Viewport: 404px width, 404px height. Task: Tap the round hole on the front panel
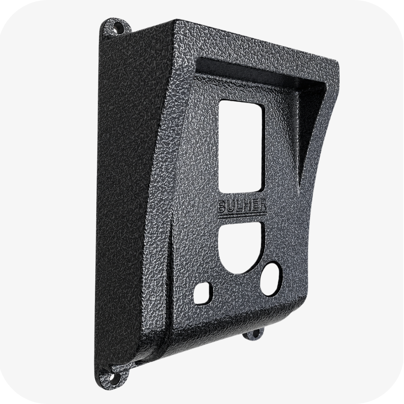coord(271,279)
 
